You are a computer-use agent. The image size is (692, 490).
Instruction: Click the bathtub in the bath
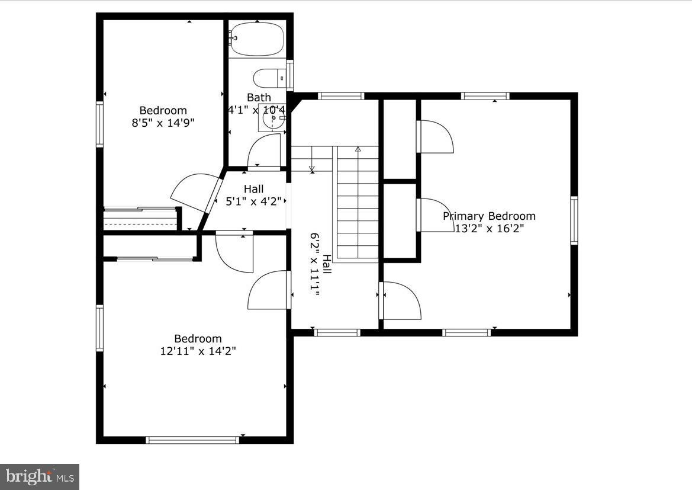(257, 39)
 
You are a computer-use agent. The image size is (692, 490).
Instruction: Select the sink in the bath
(273, 120)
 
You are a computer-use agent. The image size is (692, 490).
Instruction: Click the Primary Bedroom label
(489, 216)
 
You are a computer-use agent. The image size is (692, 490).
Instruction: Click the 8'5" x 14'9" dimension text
(163, 123)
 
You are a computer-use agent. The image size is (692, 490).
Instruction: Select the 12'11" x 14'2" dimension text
(198, 351)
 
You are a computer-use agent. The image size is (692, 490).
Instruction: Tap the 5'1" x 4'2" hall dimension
(254, 201)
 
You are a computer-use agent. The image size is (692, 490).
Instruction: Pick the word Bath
(259, 97)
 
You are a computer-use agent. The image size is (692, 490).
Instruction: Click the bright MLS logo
(40, 476)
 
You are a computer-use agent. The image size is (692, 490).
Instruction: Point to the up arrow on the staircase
(358, 150)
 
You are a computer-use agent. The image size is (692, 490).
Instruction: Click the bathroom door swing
(263, 150)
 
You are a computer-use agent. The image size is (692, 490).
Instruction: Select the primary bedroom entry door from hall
(400, 300)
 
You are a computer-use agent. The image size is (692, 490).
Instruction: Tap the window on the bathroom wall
(290, 75)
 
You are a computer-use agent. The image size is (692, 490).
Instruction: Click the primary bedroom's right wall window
(574, 220)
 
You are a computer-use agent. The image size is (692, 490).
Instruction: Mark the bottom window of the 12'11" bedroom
(192, 440)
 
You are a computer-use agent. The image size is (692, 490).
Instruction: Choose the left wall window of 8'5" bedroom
(99, 124)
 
